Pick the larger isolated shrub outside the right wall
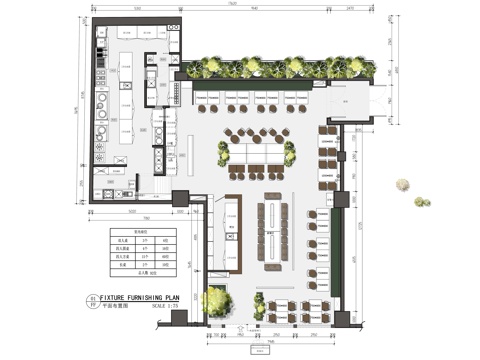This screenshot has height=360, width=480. tap(402, 186)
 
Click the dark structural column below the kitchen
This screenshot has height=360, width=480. tap(181, 198)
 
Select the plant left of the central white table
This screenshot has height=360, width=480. tap(221, 152)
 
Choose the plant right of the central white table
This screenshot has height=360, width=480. tap(290, 152)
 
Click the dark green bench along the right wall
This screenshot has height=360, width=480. tap(342, 240)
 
